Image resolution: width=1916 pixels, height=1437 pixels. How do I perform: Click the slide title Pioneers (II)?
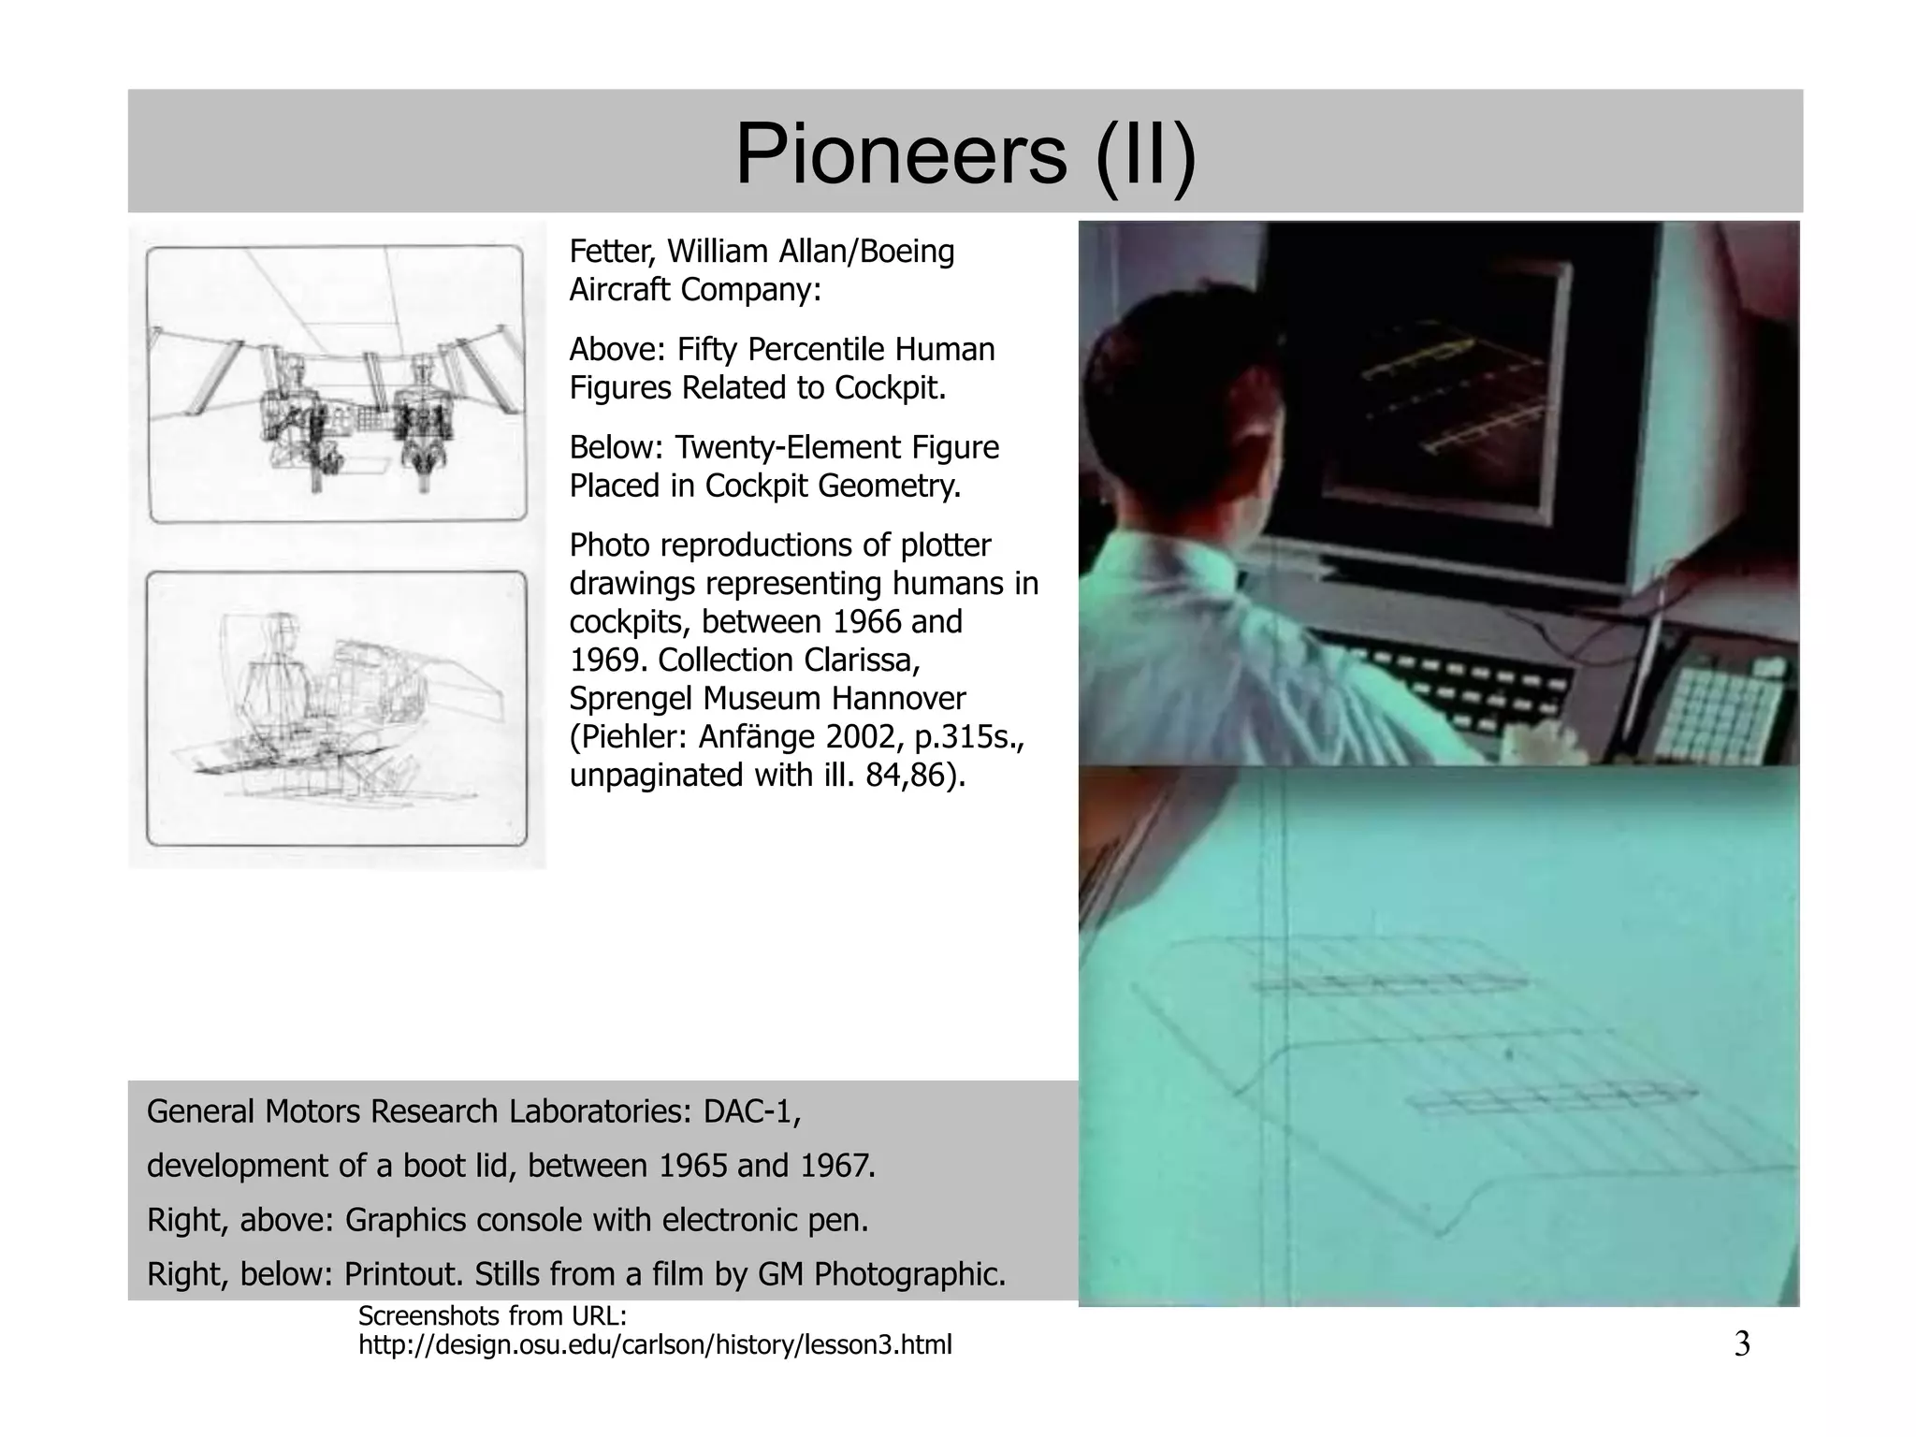[x=965, y=154]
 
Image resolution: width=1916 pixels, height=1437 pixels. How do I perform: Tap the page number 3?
[x=1741, y=1344]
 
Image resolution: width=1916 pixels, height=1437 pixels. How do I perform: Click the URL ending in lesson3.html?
[x=655, y=1345]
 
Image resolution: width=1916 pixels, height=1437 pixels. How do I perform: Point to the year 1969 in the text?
[x=604, y=660]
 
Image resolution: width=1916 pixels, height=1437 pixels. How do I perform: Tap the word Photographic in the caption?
[x=909, y=1274]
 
